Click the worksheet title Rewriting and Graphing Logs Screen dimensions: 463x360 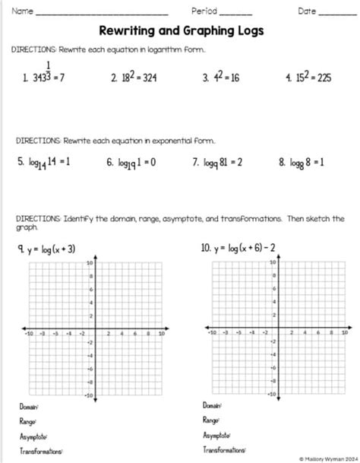(x=180, y=31)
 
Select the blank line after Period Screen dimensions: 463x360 (x=235, y=14)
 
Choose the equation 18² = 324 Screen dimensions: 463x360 (x=141, y=78)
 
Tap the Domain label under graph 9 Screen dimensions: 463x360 (x=29, y=407)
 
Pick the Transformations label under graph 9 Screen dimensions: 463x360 (x=41, y=451)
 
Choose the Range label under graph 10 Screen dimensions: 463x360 (x=210, y=420)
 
